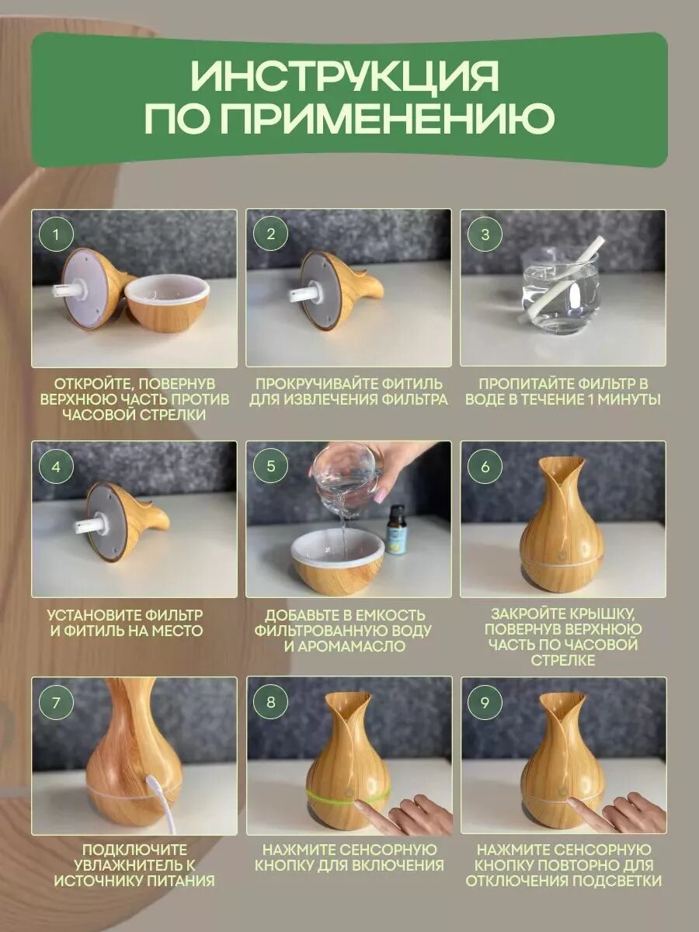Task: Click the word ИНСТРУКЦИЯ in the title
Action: (345, 76)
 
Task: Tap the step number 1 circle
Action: (56, 234)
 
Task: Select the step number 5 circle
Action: (271, 466)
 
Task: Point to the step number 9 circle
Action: (485, 702)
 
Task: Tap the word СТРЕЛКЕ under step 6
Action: (563, 660)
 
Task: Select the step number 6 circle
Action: (485, 466)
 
